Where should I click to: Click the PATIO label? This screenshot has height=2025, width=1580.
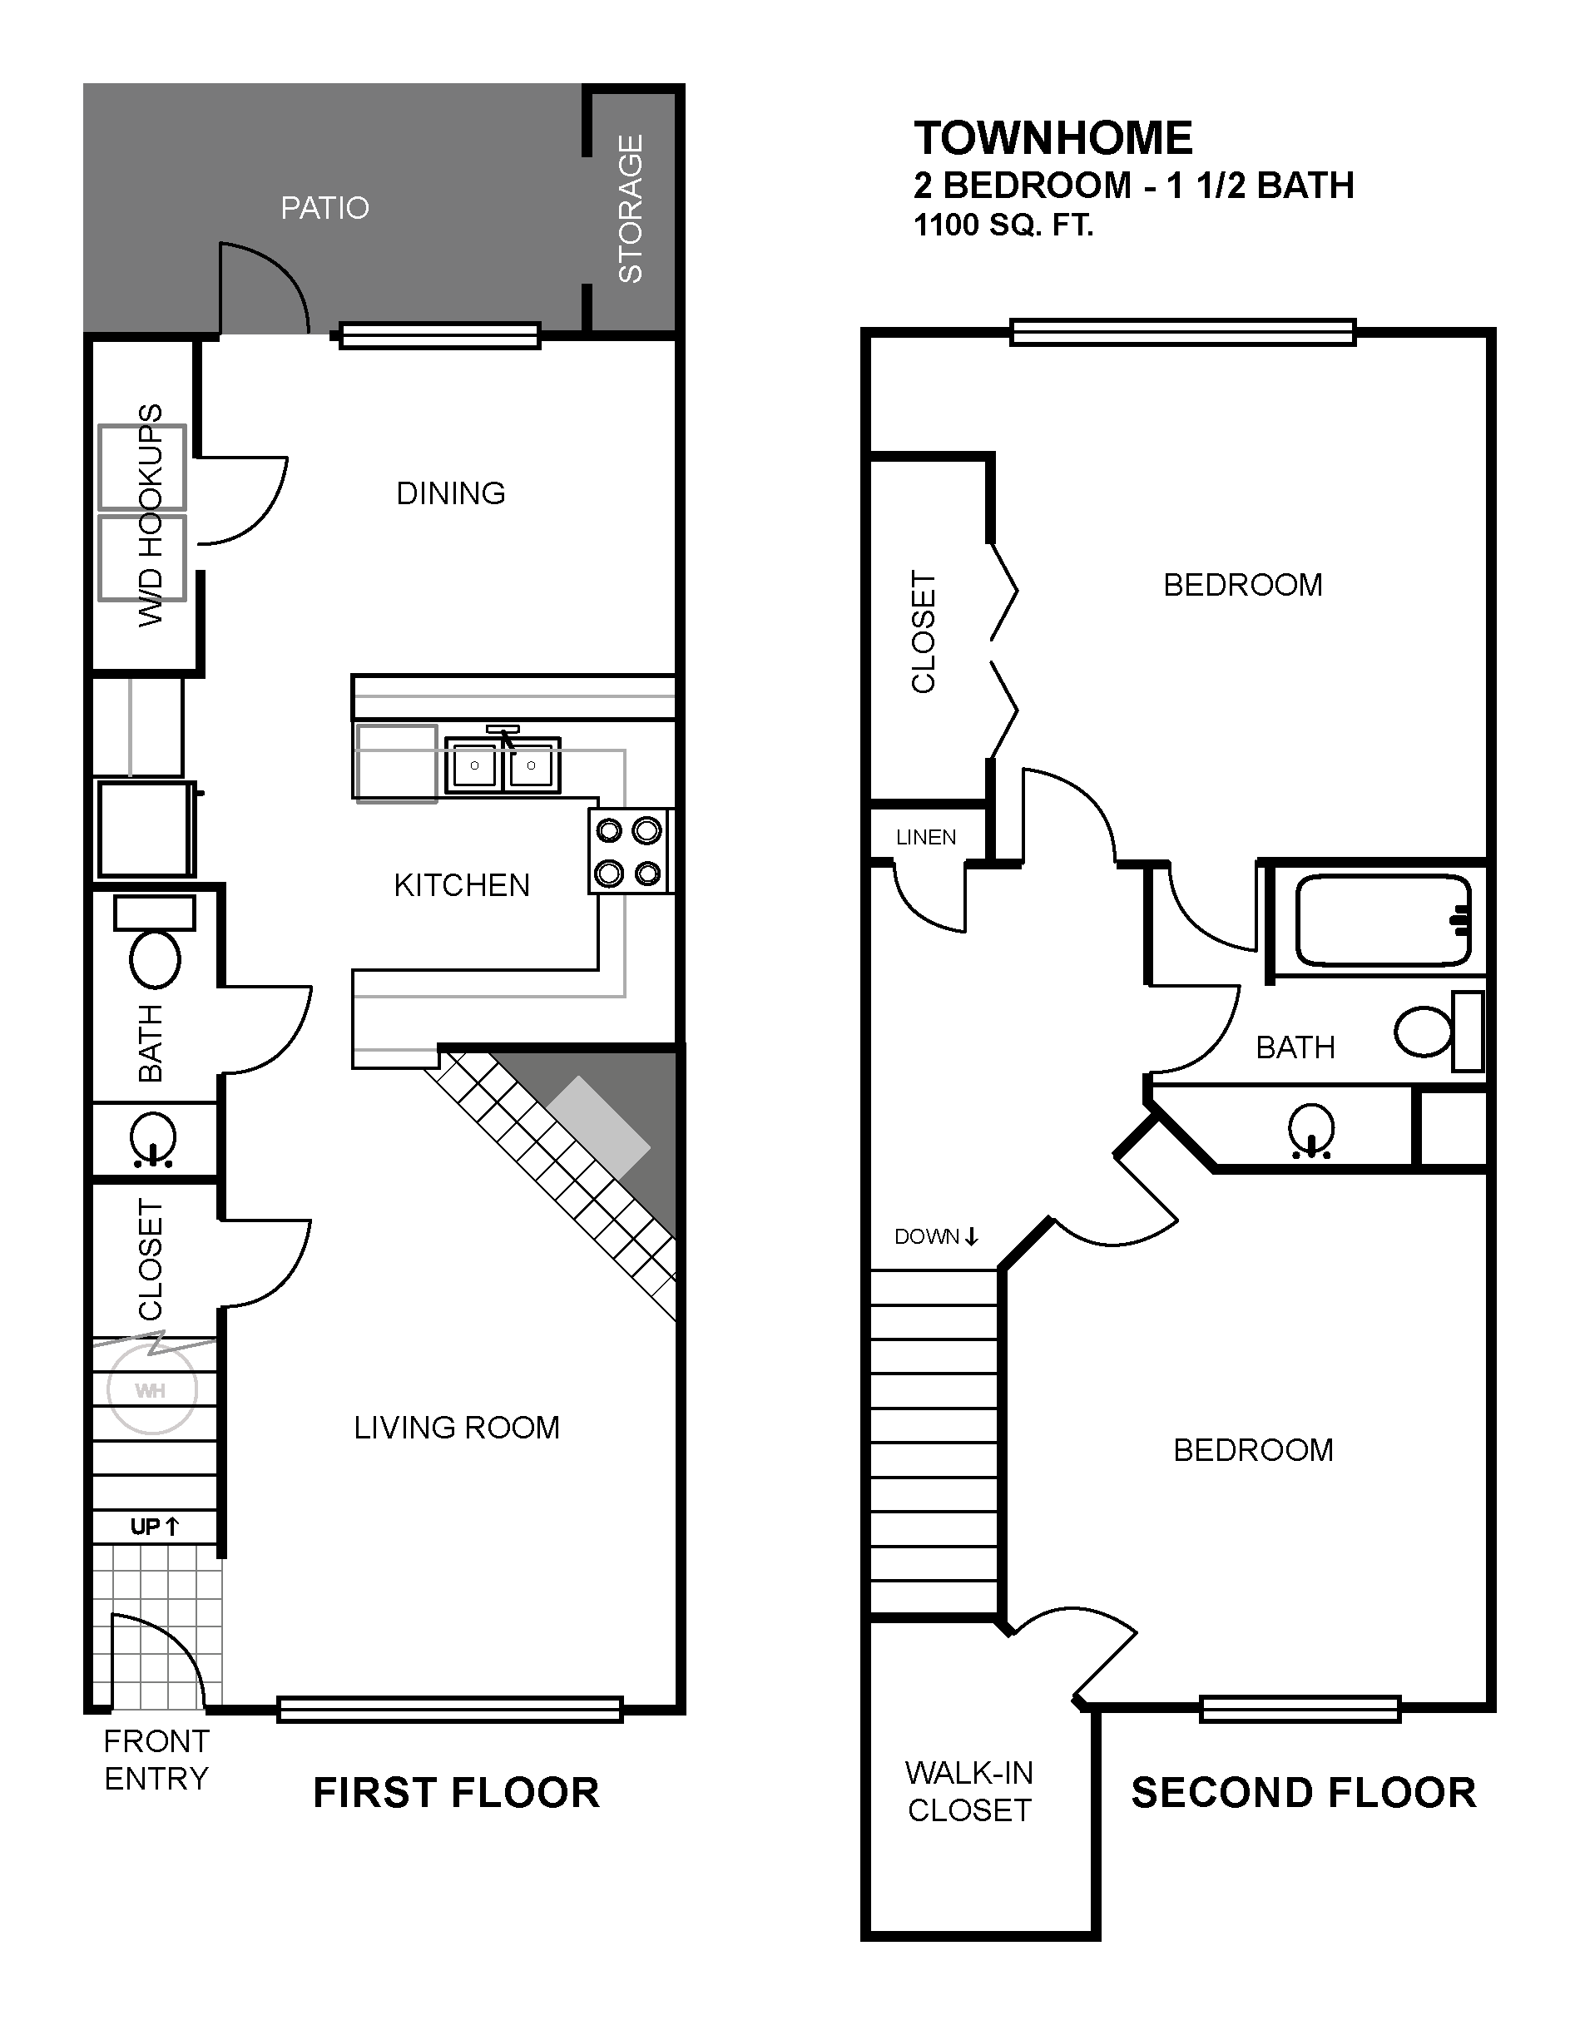click(324, 208)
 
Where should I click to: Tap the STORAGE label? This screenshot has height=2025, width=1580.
click(631, 209)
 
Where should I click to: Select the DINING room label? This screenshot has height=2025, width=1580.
click(451, 493)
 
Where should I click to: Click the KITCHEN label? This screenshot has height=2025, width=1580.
click(462, 885)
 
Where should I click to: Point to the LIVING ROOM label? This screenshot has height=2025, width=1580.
click(457, 1427)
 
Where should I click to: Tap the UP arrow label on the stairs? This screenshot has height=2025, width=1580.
click(154, 1526)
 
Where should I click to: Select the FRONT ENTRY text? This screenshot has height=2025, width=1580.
click(156, 1760)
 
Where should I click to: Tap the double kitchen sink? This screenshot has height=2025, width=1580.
click(503, 764)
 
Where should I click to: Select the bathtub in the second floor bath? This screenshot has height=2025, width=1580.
click(1383, 920)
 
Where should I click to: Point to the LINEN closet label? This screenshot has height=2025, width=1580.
click(926, 837)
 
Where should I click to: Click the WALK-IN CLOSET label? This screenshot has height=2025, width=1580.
click(969, 1790)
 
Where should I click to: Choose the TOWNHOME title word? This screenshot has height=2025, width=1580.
click(1053, 138)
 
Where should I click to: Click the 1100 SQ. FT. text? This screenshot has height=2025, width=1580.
click(1004, 225)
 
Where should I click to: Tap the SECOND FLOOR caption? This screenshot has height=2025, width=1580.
click(1304, 1792)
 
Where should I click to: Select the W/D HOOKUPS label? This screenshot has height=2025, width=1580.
click(151, 515)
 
